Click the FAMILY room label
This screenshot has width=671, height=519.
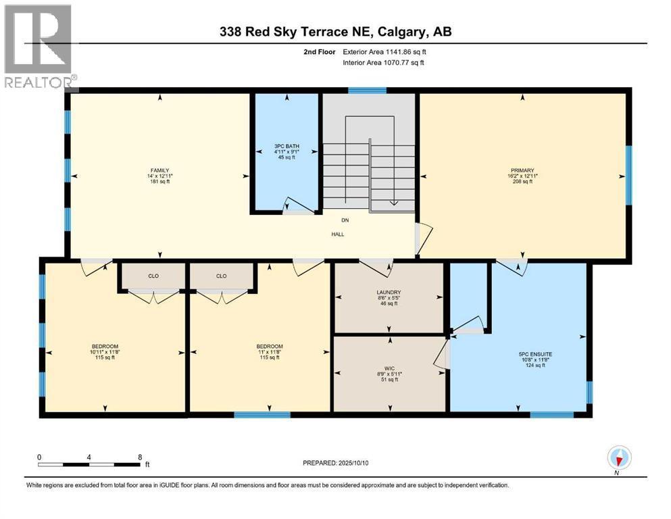tap(159, 170)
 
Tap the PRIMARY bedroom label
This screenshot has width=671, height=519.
tap(522, 170)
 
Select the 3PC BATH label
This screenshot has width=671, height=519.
tap(287, 147)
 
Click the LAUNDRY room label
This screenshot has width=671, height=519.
tap(389, 293)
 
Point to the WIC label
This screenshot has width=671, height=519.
tap(389, 368)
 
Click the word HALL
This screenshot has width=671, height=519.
tap(338, 234)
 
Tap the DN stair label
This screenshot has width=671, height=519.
tap(345, 220)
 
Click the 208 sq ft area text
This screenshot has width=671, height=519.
tap(522, 181)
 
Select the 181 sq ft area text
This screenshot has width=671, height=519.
tap(159, 181)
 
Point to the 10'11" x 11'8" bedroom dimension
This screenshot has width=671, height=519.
tap(105, 352)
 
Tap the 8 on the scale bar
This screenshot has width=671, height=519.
tap(140, 458)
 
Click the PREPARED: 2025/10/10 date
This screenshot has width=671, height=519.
tap(335, 463)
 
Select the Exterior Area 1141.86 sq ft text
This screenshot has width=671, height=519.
tap(384, 52)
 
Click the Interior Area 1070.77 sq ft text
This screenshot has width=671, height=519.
tap(383, 62)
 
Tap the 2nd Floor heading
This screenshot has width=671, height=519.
tap(320, 52)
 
